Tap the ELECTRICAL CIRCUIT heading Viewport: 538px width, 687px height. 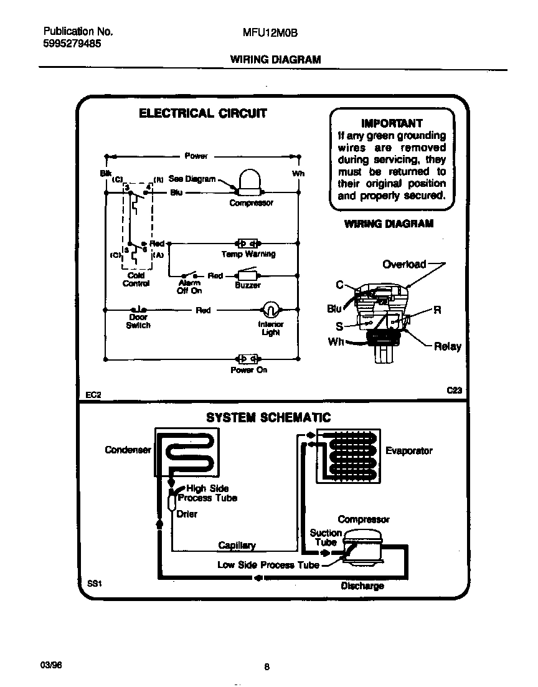202,113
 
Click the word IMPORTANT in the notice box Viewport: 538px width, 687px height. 392,123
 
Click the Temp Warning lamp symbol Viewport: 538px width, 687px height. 248,244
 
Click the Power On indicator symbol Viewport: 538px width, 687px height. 248,359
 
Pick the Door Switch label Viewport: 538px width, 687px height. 138,321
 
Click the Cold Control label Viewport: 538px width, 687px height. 136,280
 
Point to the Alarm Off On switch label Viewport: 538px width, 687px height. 189,287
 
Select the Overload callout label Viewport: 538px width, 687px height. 404,264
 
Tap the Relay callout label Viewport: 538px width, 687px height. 447,346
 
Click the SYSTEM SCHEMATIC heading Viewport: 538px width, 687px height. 268,417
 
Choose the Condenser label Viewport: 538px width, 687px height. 128,450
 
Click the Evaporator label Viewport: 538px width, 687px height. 408,450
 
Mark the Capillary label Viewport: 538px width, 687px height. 237,545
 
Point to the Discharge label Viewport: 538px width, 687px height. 362,585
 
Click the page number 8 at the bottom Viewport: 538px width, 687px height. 267,667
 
